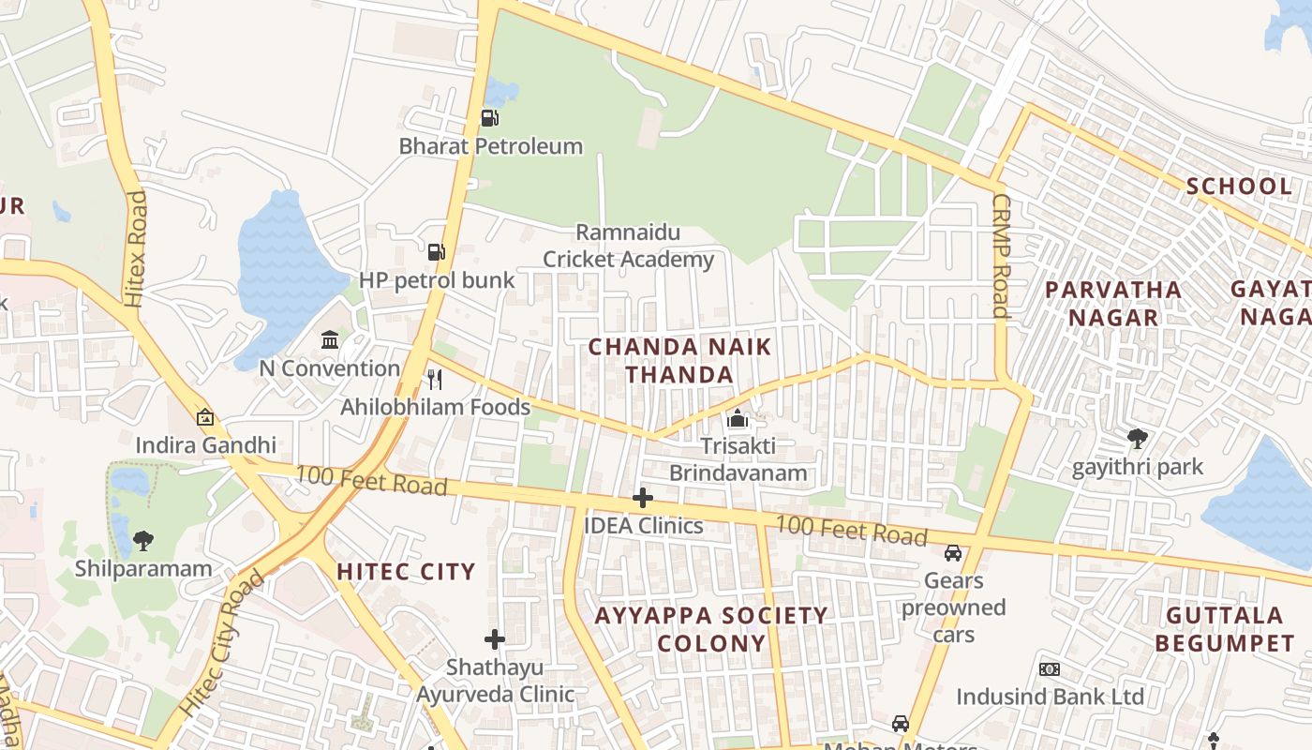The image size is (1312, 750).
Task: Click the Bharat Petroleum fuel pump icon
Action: point(489,118)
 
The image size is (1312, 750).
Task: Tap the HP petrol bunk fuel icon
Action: point(436,251)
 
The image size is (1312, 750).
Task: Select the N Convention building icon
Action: point(330,339)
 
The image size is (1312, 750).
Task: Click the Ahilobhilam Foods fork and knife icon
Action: point(434,379)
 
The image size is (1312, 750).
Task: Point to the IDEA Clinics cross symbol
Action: point(643,498)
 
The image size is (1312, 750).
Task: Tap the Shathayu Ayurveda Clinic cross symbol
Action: point(495,639)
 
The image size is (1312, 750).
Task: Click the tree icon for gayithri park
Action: point(1138,438)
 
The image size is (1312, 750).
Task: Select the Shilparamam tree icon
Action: point(143,540)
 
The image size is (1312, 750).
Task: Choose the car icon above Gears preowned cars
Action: point(953,553)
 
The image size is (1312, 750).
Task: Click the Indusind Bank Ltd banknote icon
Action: point(1050,669)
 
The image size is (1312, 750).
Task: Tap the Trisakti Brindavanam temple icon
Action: point(738,418)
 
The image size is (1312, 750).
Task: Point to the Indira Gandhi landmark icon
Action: point(205,417)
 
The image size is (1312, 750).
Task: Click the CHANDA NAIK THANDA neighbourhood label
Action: point(679,361)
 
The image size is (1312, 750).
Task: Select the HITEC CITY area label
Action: point(406,571)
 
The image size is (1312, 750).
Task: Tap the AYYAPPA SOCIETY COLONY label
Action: point(711,629)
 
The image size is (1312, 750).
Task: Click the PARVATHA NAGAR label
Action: point(1113,303)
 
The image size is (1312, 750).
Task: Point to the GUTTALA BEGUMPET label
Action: point(1225,629)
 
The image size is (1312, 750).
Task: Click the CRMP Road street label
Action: point(1001,255)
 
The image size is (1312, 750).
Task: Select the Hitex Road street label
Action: point(136,248)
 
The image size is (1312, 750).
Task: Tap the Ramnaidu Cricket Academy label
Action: point(629,246)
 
